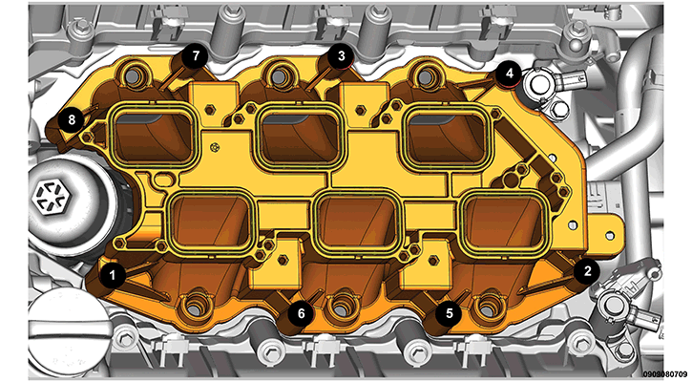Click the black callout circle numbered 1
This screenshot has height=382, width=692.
[112, 276]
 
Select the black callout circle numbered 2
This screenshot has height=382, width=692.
[586, 270]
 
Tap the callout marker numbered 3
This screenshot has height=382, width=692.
[341, 56]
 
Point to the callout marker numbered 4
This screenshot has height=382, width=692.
[510, 74]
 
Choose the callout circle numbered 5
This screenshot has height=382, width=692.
[449, 313]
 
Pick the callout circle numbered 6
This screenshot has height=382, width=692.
[301, 313]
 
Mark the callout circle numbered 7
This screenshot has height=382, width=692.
[195, 56]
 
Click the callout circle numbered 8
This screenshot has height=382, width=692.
[72, 119]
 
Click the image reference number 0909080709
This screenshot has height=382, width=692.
[667, 373]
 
